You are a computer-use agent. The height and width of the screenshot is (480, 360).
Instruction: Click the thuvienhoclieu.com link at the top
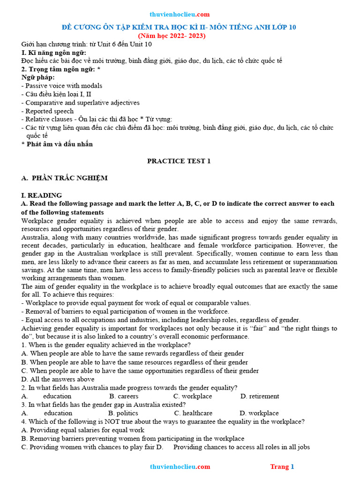click(x=180, y=15)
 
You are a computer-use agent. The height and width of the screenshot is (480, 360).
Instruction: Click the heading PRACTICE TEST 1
click(x=179, y=161)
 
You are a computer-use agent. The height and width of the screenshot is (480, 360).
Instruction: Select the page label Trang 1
click(x=282, y=466)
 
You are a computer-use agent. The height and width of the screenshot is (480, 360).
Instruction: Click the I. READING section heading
click(x=42, y=195)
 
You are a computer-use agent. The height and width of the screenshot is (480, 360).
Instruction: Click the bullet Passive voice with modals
click(x=62, y=86)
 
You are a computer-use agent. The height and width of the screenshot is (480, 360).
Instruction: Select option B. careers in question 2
click(x=124, y=396)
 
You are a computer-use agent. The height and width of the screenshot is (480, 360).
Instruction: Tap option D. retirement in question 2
click(x=260, y=396)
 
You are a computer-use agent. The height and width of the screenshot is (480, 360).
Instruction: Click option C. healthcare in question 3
click(x=193, y=413)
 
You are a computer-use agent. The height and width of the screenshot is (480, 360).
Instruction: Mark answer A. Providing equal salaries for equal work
click(x=82, y=430)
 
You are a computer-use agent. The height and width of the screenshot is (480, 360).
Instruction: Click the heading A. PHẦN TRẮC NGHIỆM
click(x=65, y=178)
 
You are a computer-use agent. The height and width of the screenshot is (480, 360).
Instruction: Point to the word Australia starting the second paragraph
click(x=35, y=237)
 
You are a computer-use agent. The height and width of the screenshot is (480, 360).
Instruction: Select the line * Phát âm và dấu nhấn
click(x=57, y=144)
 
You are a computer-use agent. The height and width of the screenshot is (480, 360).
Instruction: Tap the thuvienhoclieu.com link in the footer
click(x=180, y=466)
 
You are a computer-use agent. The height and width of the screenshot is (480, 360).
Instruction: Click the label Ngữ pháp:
click(x=38, y=77)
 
